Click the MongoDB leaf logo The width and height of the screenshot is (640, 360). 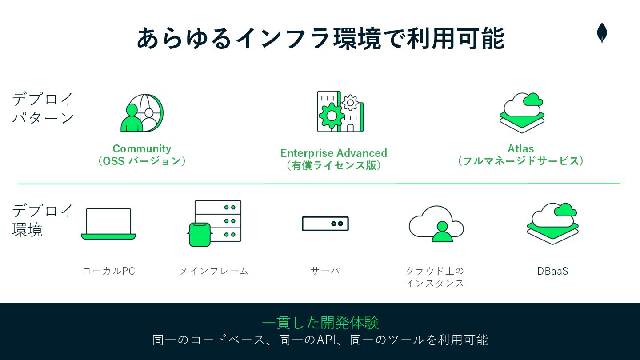[602, 33]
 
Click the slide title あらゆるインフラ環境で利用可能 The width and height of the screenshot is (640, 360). [320, 38]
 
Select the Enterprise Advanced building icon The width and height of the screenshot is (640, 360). [340, 112]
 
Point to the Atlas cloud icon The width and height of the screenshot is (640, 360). [522, 112]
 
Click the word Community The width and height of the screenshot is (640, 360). [142, 149]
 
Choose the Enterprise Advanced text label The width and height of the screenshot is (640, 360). [333, 153]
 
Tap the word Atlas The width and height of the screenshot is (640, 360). [521, 149]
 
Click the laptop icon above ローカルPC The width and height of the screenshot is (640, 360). [108, 224]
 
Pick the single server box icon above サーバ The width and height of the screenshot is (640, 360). [325, 224]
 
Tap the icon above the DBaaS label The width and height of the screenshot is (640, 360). [552, 223]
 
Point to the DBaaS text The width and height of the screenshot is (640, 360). [552, 271]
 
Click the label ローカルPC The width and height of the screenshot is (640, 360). [109, 271]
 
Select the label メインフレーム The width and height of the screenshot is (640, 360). [214, 271]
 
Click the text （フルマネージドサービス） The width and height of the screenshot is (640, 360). [521, 161]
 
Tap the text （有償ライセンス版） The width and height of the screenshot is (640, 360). [333, 165]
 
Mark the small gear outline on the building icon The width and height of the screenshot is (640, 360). [350, 102]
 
